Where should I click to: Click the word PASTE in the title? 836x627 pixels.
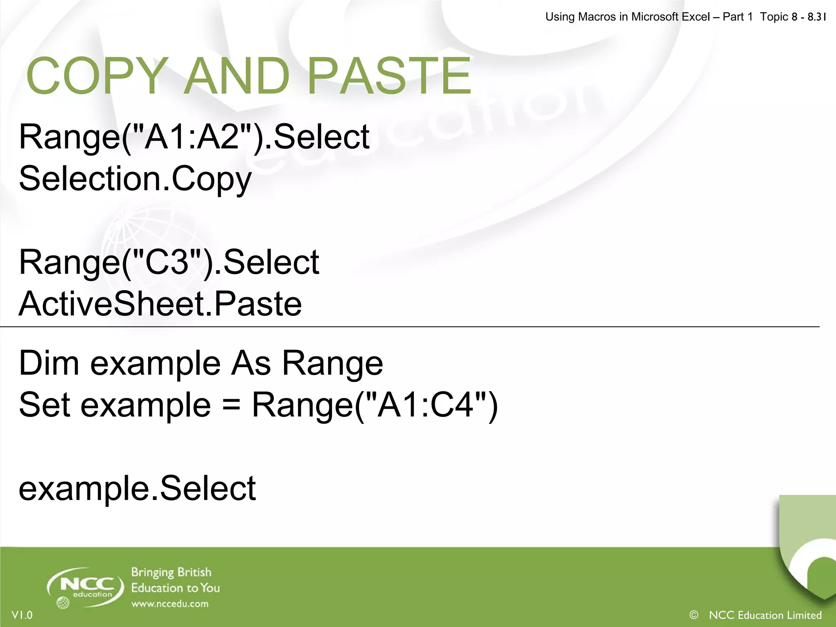tap(389, 76)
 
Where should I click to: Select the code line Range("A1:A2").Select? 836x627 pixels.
tap(194, 137)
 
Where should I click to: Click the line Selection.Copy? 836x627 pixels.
tap(135, 179)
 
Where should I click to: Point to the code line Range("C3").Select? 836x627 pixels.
tap(169, 262)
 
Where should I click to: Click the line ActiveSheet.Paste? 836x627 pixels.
tap(160, 304)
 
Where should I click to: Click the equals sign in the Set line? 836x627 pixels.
tap(231, 405)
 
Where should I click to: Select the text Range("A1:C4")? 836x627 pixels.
tap(375, 405)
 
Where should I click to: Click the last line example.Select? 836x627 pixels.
tap(137, 488)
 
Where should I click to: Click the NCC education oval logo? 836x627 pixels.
tap(86, 586)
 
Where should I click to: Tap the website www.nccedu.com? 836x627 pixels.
tap(170, 604)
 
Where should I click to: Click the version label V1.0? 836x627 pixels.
tap(22, 615)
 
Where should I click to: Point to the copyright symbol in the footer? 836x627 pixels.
tap(694, 615)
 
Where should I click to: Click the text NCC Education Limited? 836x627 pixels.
tap(765, 615)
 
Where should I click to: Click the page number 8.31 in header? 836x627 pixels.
tap(816, 17)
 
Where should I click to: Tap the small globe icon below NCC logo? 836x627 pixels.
tap(62, 603)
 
